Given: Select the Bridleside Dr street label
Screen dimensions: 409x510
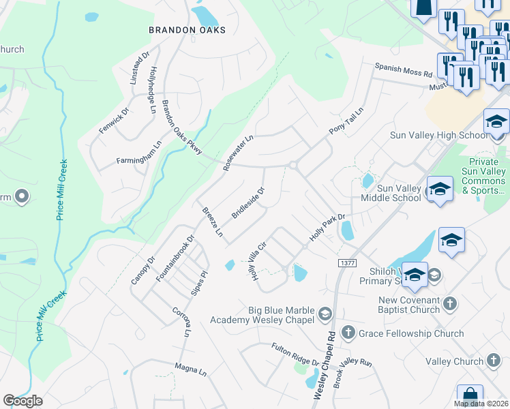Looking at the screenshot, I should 247,202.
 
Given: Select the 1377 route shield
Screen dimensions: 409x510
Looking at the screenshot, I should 347,262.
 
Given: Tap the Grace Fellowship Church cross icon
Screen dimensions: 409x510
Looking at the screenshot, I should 348,333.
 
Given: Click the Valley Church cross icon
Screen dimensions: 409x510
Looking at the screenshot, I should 494,361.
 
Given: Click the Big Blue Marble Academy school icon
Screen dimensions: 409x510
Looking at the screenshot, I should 325,314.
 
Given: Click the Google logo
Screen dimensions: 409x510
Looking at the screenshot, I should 22,401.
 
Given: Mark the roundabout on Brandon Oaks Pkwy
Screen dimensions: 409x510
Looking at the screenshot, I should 293,165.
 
